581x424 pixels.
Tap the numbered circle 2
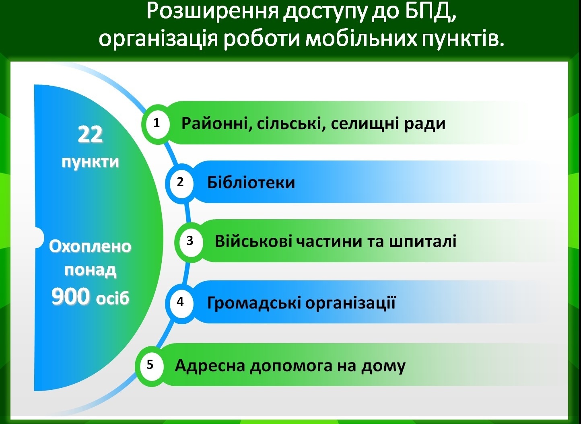(181, 183)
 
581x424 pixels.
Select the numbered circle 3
(191, 242)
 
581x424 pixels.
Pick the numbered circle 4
(181, 303)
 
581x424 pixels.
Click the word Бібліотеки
(251, 182)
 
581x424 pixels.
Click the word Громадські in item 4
(254, 303)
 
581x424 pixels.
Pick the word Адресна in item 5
(210, 366)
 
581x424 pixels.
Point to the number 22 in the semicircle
(90, 134)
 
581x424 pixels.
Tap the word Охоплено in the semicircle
(90, 246)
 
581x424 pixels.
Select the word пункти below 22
(90, 162)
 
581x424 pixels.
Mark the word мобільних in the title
(361, 39)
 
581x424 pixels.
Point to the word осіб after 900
(113, 298)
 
